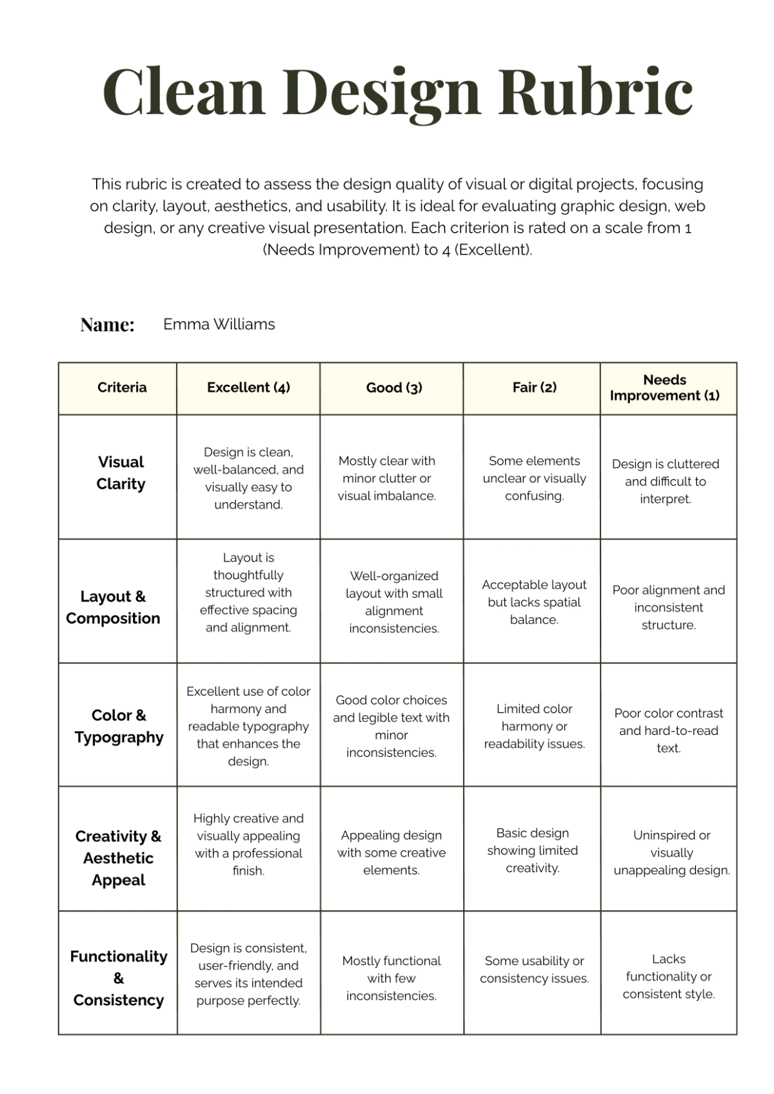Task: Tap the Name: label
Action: [x=107, y=325]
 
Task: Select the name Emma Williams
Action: [x=219, y=324]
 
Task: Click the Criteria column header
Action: [x=122, y=387]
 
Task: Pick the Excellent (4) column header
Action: [x=248, y=387]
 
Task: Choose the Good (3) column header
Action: [x=393, y=387]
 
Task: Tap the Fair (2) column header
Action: [x=534, y=387]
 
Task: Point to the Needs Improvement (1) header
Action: [x=664, y=387]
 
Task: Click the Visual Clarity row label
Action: [x=121, y=473]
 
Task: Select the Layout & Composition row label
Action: [x=113, y=607]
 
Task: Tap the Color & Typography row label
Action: [x=119, y=726]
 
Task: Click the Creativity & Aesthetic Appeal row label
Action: [x=118, y=858]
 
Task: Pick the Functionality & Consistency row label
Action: [x=118, y=978]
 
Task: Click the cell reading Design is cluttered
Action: [x=665, y=481]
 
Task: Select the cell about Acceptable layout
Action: [x=534, y=602]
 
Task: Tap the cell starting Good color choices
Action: [x=391, y=726]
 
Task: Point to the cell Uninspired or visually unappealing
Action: [x=671, y=852]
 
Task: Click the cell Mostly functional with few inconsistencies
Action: [x=391, y=978]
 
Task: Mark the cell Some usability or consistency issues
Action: [x=534, y=970]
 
